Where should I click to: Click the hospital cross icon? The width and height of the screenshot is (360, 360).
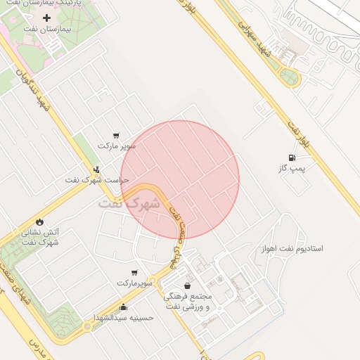[47, 17]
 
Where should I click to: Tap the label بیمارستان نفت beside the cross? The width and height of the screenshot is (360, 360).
[47, 30]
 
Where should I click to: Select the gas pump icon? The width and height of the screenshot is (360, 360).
[292, 157]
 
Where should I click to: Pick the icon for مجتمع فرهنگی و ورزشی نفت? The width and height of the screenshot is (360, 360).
[187, 285]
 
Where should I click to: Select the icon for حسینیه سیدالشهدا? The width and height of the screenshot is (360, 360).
[124, 307]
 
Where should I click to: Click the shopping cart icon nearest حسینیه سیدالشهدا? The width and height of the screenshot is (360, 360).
[134, 271]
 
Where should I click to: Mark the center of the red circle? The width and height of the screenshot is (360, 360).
[180, 180]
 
